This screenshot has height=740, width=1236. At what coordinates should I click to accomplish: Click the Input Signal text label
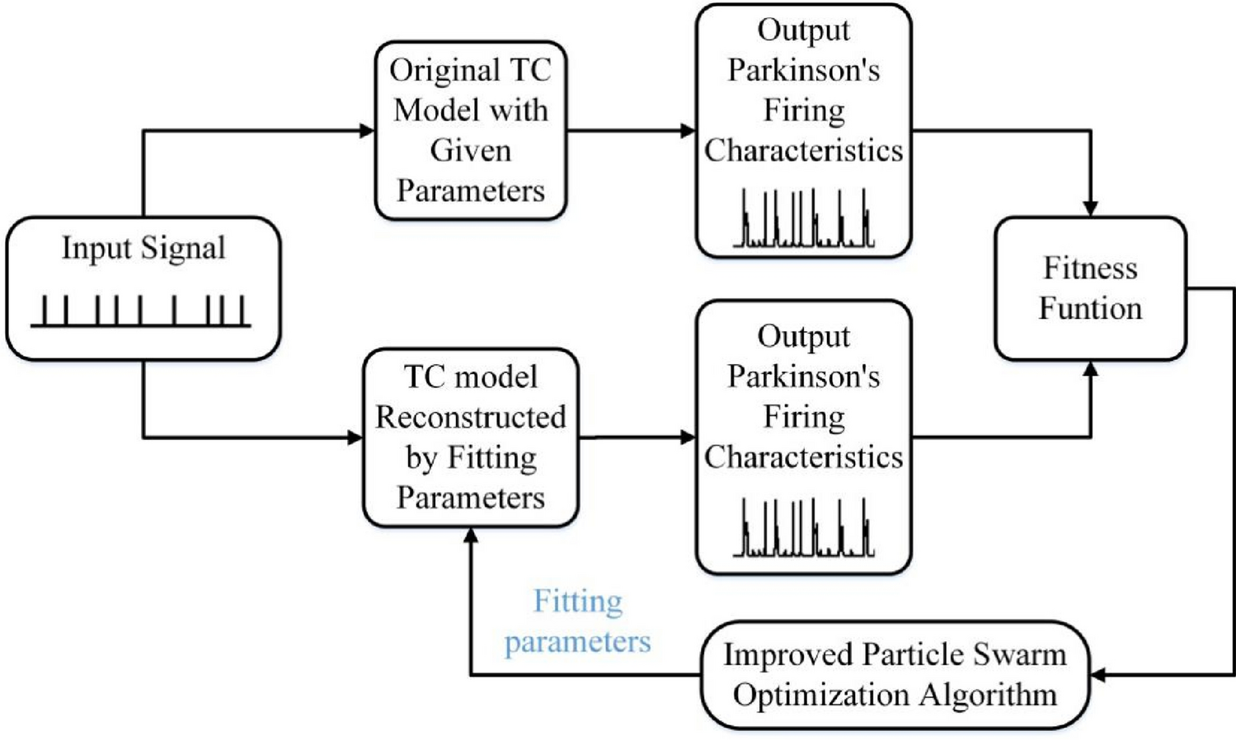click(x=143, y=248)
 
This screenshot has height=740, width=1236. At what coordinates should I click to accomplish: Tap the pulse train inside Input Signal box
click(x=141, y=311)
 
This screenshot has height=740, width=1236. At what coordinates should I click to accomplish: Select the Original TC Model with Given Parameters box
click(x=470, y=130)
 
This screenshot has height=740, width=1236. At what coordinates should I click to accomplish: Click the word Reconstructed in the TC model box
click(x=470, y=417)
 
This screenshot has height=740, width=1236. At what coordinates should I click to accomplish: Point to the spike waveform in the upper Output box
click(x=804, y=219)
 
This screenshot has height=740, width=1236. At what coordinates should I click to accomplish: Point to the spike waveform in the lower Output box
click(x=804, y=528)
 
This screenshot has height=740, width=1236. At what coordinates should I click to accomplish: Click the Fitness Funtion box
click(x=1090, y=288)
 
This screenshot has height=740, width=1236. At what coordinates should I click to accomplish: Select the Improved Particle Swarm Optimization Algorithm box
click(x=895, y=675)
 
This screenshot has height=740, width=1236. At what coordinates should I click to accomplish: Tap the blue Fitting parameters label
click(x=577, y=621)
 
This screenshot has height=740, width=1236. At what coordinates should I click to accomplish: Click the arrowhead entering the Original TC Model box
click(x=367, y=130)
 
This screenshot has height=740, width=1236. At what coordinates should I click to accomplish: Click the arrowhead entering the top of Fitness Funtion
click(x=1090, y=208)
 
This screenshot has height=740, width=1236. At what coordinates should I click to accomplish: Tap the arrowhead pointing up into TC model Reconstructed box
click(x=471, y=536)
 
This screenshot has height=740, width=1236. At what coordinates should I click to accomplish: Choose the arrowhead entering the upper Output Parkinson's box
click(x=688, y=130)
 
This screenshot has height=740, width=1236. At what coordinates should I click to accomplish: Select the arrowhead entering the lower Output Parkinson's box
click(x=688, y=438)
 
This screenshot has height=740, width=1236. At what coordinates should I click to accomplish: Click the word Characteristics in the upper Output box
click(x=804, y=151)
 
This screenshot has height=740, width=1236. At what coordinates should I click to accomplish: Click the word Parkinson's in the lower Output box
click(x=804, y=377)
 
